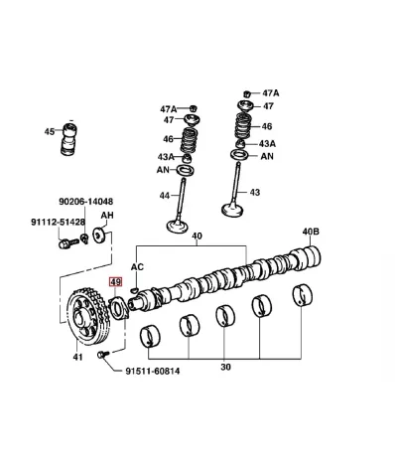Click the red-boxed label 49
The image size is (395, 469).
[116, 282]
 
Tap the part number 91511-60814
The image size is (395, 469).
[153, 371]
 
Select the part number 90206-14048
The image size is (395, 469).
[86, 202]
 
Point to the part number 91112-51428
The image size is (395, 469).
[59, 222]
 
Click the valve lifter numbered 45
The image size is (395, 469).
[70, 139]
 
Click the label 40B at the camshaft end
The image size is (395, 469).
[311, 232]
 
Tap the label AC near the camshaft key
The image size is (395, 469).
[137, 266]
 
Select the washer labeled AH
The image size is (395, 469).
[100, 234]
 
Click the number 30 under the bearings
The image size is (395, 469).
[225, 367]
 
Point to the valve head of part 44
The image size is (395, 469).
[178, 227]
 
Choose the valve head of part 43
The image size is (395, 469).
[233, 210]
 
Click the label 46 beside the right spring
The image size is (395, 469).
[267, 126]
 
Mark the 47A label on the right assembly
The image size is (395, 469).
[271, 93]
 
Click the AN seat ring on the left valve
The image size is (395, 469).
[186, 170]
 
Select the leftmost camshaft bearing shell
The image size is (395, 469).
[150, 336]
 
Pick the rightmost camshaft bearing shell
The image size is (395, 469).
[303, 294]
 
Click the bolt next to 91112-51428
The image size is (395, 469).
[68, 243]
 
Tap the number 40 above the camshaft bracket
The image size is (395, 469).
[197, 236]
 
